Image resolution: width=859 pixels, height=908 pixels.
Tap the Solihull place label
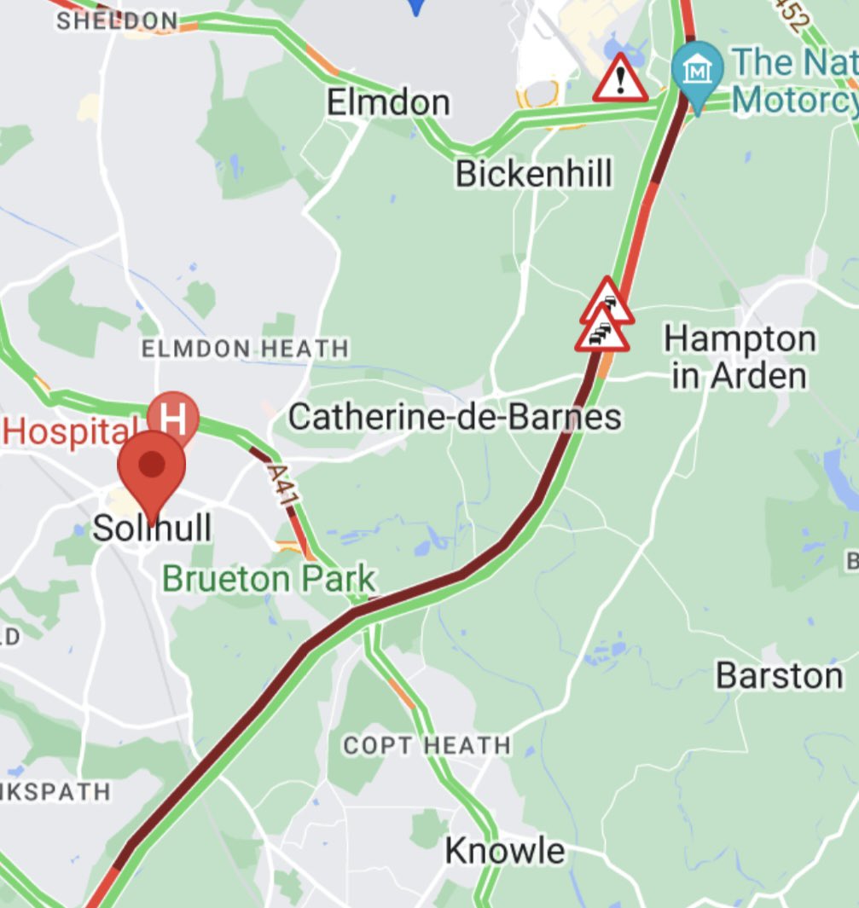tap(152, 528)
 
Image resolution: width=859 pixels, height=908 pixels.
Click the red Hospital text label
tap(69, 431)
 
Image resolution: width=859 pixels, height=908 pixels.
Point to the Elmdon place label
tap(388, 103)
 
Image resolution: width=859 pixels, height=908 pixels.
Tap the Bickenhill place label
tap(533, 174)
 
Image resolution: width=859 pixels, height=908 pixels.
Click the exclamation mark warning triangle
tap(621, 80)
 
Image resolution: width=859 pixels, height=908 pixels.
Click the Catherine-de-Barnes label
tap(455, 418)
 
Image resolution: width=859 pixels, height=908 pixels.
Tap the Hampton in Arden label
tap(740, 357)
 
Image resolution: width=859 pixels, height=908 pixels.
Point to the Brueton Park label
tap(269, 579)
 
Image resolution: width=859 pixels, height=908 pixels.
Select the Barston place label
tap(779, 675)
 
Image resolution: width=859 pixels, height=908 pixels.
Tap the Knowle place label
tap(504, 850)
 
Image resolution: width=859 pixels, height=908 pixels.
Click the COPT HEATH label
tap(427, 745)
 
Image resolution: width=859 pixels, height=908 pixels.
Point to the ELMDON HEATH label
tap(245, 348)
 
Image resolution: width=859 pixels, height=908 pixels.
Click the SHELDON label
tap(118, 20)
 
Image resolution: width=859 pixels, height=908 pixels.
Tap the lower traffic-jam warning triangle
tap(601, 332)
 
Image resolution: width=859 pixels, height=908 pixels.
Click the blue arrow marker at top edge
tap(416, 7)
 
